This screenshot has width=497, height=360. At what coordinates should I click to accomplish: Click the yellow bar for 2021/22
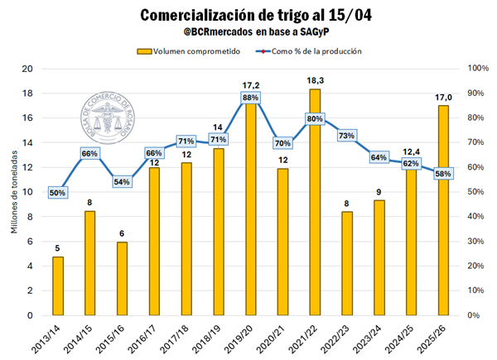315,207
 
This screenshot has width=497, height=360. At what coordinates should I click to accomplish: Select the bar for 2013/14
58,286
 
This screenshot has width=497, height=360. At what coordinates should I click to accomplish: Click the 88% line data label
251,98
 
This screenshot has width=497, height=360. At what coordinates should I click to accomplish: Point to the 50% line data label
58,192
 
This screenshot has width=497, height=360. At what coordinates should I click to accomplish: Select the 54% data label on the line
122,182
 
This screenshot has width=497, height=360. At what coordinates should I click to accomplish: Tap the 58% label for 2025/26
443,174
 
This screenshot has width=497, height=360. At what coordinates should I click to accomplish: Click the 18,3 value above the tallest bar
315,79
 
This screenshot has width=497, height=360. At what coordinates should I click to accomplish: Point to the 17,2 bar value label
251,85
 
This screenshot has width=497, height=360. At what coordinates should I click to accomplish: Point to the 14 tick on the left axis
27,142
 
